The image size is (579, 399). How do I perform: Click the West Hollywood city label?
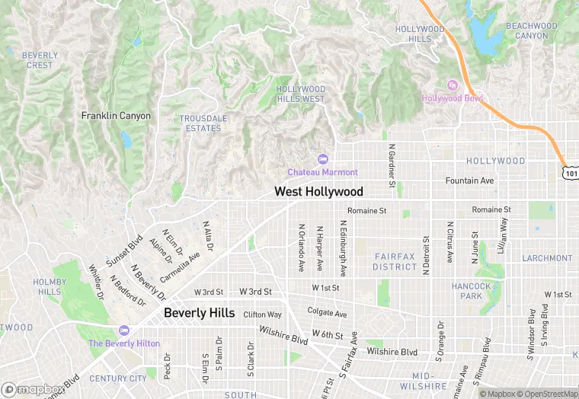point(318,192)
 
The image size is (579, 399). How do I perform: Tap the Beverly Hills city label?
point(200,313)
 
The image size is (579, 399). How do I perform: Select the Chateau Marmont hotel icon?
point(322,158)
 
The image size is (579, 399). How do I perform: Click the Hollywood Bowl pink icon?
point(451,85)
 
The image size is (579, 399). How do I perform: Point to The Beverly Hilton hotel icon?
point(123,330)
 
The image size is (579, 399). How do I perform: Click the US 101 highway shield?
point(571,173)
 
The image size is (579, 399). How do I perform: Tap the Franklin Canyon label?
point(116,116)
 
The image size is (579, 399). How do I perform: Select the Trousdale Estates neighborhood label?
point(200,123)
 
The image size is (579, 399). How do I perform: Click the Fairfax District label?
point(395,262)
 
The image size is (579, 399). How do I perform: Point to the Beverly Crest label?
point(40,60)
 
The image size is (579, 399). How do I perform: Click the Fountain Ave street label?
point(469,180)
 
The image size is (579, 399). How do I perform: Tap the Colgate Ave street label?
point(327,313)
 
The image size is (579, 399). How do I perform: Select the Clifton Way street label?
point(262,314)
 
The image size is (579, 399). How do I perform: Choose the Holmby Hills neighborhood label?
point(50,287)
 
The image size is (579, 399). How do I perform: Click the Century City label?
point(117,378)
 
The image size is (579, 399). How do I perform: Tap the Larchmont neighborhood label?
point(546,258)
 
